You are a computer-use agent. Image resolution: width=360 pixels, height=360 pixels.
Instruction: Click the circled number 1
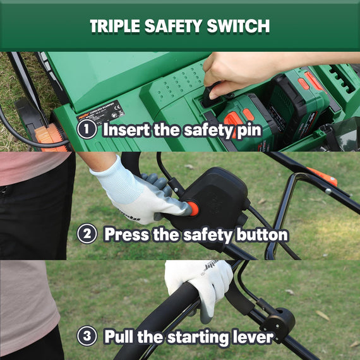[x=87, y=129]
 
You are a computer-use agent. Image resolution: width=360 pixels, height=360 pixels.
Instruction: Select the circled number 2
[x=87, y=234]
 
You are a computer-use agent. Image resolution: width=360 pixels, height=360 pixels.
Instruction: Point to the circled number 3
[x=87, y=336]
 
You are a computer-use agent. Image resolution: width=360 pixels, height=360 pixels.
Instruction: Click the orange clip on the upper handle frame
[x=323, y=176]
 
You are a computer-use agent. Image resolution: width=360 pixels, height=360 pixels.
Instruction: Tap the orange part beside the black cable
[x=51, y=135]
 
